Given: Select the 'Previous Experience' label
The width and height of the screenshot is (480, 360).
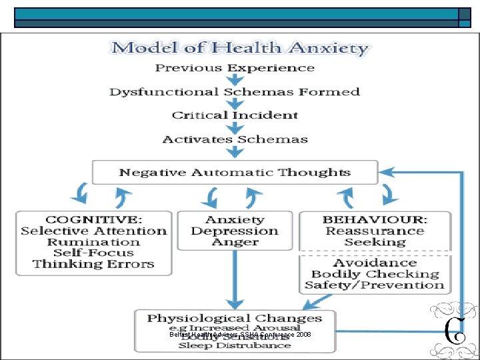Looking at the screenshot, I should point(234,68).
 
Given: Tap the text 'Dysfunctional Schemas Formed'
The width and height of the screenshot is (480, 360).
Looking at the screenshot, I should point(235,92).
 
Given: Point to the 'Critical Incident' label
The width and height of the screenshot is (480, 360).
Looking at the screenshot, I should point(235,115).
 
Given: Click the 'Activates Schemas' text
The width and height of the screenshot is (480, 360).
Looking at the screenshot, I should point(235,139).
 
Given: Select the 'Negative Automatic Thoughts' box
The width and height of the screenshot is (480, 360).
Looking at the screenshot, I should point(235,173).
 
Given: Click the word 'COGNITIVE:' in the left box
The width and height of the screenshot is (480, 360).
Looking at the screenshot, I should point(93,219).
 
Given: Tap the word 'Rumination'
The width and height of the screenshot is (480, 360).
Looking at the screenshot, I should point(93,242).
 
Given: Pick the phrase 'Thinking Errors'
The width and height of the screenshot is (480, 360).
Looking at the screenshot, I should point(93,264).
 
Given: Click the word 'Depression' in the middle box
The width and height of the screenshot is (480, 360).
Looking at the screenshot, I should point(235,231).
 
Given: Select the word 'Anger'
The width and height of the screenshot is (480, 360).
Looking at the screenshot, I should point(235,242).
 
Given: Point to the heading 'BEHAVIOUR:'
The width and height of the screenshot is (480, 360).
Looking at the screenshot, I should point(375,219).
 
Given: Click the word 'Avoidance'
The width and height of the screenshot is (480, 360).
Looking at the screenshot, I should point(375,263).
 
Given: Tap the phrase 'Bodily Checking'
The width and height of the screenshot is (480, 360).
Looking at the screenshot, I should point(375,274).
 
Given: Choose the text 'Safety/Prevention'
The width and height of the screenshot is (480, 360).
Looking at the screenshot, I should point(375,285).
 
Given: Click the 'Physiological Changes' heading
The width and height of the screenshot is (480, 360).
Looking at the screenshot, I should point(235,319).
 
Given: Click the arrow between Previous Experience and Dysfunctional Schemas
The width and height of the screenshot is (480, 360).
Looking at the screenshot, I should point(235,80).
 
